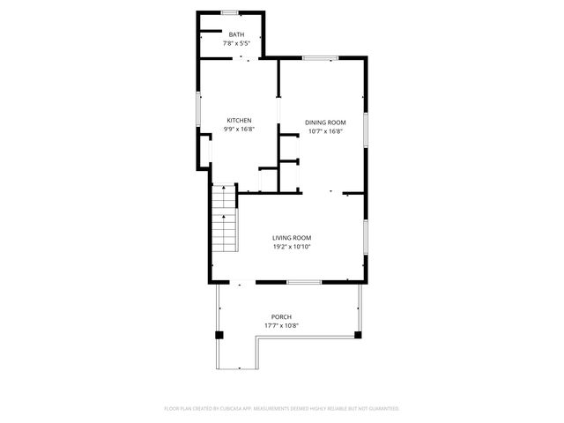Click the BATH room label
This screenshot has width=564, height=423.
[237, 34]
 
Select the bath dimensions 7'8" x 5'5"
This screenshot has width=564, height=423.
[237, 42]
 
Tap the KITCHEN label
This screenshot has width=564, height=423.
[239, 121]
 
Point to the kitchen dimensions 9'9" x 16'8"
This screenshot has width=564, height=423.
[239, 130]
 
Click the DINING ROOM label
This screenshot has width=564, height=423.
[325, 122]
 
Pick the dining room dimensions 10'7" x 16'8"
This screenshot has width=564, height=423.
[325, 131]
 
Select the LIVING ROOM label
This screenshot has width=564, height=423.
[292, 238]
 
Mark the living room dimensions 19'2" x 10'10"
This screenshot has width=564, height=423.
[292, 247]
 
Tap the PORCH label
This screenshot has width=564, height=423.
[281, 317]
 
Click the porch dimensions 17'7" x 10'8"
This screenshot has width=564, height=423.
[281, 326]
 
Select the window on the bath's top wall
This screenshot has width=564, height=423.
[231, 12]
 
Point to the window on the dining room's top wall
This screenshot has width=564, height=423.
[320, 58]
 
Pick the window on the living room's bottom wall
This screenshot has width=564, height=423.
[304, 282]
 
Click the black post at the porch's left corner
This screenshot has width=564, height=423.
[219, 335]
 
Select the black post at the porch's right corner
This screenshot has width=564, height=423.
[358, 335]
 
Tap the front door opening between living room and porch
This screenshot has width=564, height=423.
[240, 282]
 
